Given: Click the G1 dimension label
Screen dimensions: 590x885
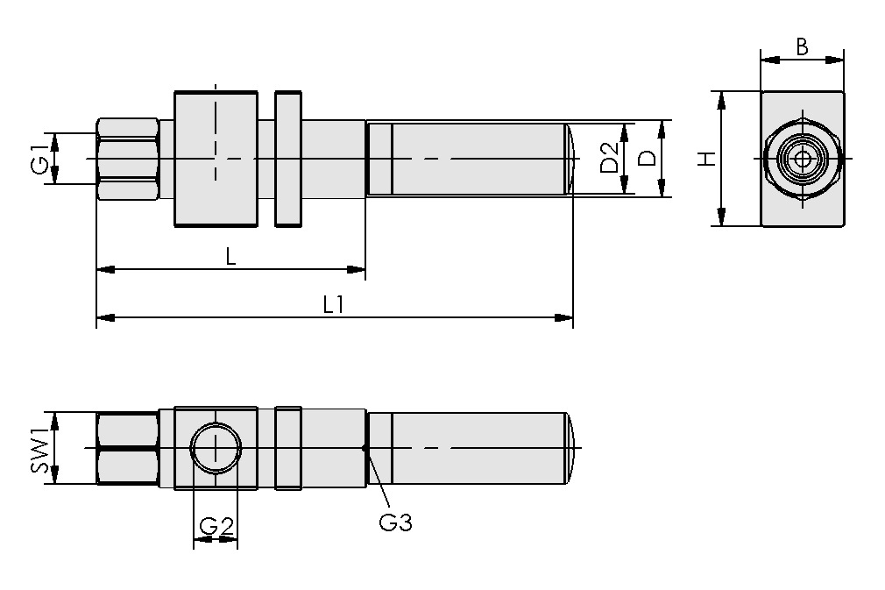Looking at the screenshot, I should point(38,158).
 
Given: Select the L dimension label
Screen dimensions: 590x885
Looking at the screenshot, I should point(230,256).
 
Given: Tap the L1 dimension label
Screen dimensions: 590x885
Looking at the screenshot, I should point(333,304).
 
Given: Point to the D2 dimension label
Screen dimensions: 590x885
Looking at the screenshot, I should point(610,158).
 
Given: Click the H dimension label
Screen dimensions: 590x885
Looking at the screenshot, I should point(706,159).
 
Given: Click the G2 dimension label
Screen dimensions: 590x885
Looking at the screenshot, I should point(216,526).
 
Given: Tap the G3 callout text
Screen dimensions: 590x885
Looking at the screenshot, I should point(395,523).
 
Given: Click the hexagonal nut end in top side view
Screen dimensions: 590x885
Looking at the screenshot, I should point(127,158).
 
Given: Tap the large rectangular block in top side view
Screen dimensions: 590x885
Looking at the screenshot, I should point(216,158).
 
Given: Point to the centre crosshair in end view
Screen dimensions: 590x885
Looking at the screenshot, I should point(802,159).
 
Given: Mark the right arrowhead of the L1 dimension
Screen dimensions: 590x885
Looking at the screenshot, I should point(565,317).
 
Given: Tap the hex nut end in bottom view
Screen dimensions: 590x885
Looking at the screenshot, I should point(127,448).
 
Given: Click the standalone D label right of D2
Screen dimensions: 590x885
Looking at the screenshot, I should point(648,158).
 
